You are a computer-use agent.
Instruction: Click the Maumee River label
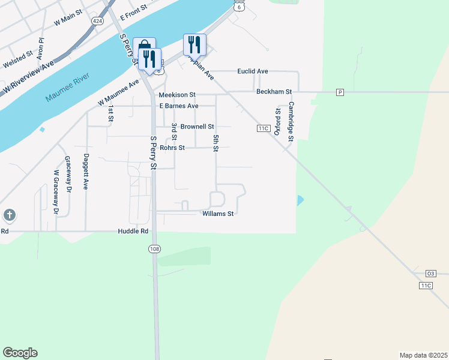[67, 88]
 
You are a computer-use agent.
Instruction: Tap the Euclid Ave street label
[253, 71]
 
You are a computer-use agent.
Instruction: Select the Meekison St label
[177, 95]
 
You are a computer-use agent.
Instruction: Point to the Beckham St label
[274, 92]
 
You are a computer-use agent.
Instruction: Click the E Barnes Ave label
[179, 106]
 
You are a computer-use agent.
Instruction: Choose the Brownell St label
[197, 127]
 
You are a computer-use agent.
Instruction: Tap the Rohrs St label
[172, 148]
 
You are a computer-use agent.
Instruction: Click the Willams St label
[217, 214]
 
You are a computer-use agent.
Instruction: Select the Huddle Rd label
[133, 231]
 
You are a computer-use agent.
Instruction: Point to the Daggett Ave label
[86, 172]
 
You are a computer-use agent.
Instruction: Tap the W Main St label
[68, 19]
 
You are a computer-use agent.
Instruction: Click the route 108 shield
[155, 249]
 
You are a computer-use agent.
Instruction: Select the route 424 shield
[97, 20]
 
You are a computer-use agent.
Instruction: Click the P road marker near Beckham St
[340, 92]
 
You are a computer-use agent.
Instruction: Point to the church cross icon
[9, 215]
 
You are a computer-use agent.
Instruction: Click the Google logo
[20, 353]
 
